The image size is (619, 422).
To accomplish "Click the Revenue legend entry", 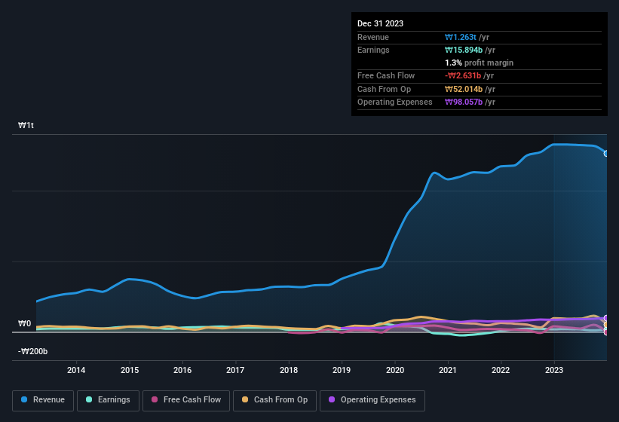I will (x=42, y=400).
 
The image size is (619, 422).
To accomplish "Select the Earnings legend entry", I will (x=108, y=400).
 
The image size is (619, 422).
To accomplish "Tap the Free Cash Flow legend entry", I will (x=186, y=400).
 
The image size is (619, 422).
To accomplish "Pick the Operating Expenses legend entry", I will (x=372, y=400).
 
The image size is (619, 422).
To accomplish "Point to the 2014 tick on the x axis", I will (x=75, y=370).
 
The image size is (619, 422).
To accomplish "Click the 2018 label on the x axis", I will (x=289, y=370).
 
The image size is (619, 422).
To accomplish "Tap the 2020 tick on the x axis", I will (x=394, y=370).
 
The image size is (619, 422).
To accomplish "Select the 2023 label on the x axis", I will (x=554, y=370).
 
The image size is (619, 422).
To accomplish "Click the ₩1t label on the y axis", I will (x=26, y=125).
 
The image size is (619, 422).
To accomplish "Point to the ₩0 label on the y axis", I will (x=25, y=324).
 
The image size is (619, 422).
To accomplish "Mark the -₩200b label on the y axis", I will (x=33, y=351).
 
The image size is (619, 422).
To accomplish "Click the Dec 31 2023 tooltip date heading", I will (x=380, y=23).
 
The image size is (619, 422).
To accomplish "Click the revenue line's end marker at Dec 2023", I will (x=606, y=153).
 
